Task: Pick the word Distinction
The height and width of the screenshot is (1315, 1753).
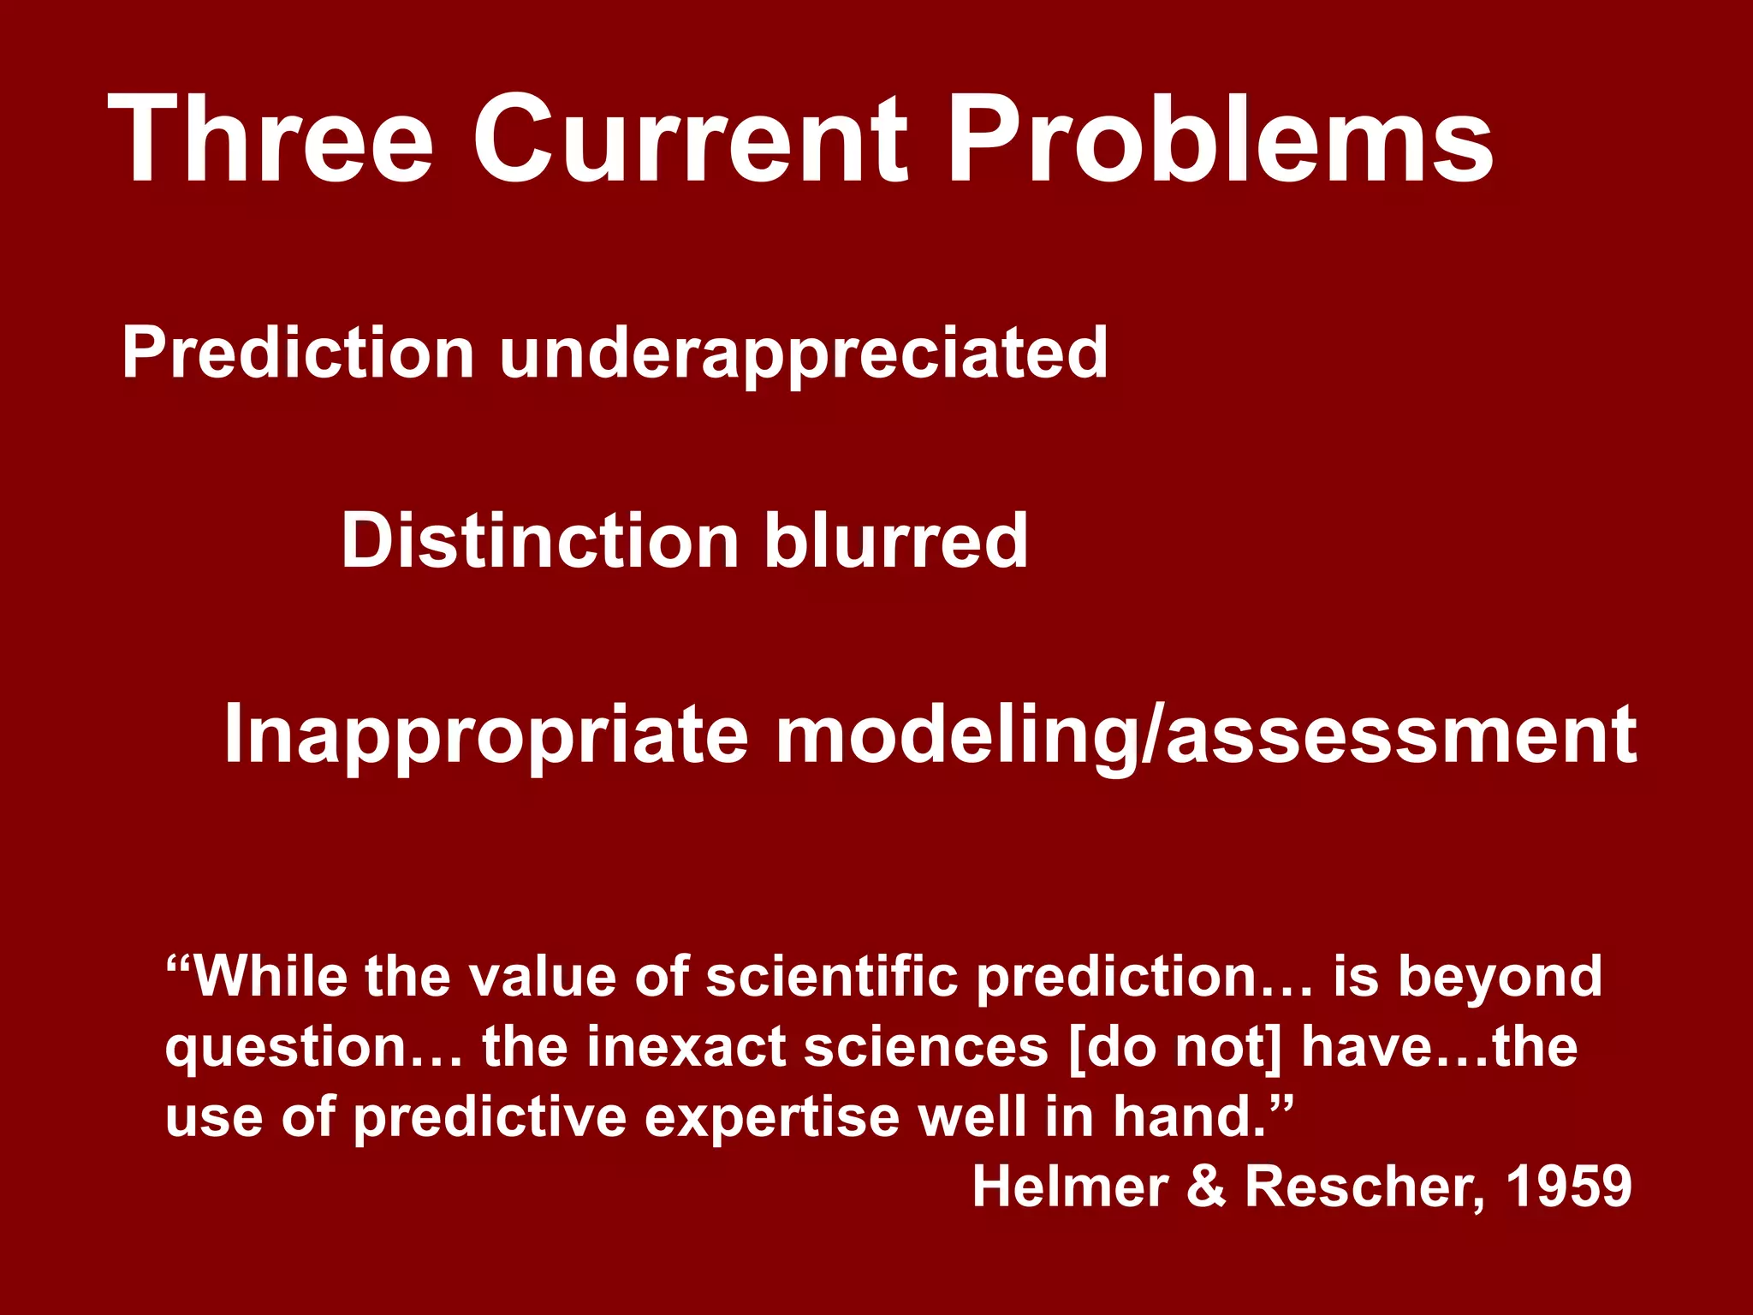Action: (539, 541)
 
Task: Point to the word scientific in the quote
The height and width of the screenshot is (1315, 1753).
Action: (831, 976)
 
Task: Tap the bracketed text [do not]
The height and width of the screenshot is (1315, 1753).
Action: (1176, 1048)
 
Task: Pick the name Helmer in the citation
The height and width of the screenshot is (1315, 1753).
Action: (1070, 1187)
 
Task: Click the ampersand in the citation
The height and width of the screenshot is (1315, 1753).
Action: (1206, 1187)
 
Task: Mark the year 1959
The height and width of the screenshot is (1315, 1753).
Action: (1568, 1187)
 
